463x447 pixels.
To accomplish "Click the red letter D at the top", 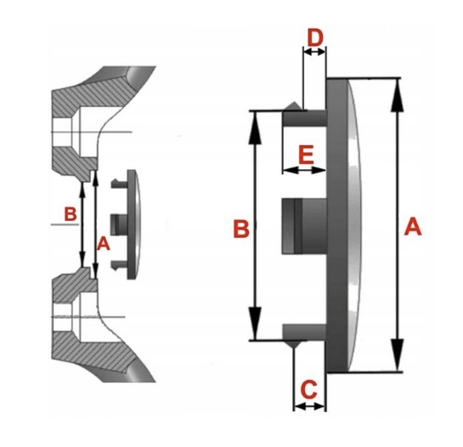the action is tap(315, 37).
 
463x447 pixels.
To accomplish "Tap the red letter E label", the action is tap(306, 155).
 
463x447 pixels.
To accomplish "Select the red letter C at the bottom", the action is tap(309, 389).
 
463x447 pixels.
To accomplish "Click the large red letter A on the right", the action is tap(413, 226).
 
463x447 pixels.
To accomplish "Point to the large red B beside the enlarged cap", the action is tap(241, 229).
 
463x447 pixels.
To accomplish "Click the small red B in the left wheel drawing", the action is tap(71, 214).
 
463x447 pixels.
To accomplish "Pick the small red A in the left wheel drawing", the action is tap(104, 245).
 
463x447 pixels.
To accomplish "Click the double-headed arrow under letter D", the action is tap(314, 52).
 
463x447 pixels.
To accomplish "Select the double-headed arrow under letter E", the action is tap(304, 170).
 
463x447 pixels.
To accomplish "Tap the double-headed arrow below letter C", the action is tap(309, 406).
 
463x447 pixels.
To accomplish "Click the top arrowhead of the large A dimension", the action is tap(397, 95).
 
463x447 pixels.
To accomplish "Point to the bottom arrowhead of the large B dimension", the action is tap(255, 324).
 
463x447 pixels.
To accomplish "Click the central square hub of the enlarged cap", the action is tap(304, 226).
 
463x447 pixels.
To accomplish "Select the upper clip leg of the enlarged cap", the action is tap(305, 117).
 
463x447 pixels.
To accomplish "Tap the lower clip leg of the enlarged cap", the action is tap(305, 332).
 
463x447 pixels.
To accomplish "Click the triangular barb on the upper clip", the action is tap(293, 106).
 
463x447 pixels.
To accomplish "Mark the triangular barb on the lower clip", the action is tap(293, 344).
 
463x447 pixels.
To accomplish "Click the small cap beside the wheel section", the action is tap(126, 224).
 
